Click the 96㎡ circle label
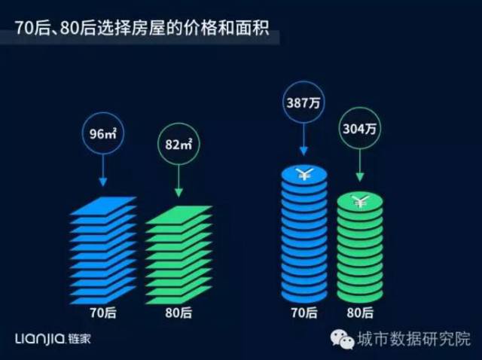[x=103, y=137]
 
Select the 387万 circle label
[x=303, y=103]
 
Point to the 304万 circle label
[x=360, y=129]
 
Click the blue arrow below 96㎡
[x=103, y=175]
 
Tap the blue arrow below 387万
[x=303, y=143]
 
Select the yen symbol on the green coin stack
[x=360, y=201]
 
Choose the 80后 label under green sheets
[x=178, y=309]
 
